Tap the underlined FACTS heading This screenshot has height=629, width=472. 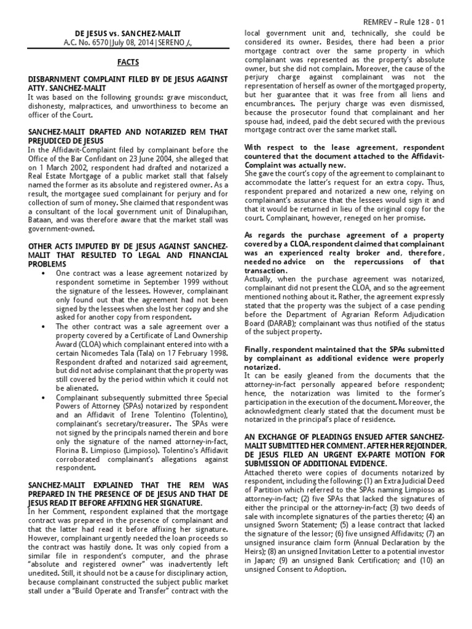tap(128, 62)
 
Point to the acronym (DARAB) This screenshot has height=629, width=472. tap(259, 323)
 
